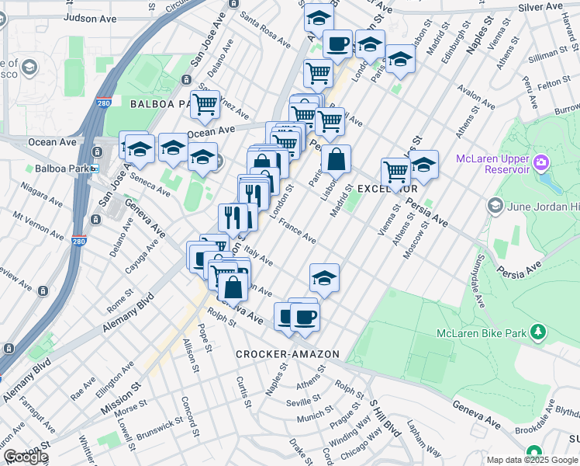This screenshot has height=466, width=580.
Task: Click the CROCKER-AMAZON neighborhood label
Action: click(x=288, y=354)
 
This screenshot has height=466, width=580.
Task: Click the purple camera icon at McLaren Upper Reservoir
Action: click(x=540, y=164)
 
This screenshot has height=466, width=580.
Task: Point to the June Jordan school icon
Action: click(x=495, y=207)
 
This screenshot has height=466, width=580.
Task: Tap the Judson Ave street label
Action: click(x=90, y=17)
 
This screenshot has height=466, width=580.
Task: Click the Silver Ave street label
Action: click(x=541, y=6)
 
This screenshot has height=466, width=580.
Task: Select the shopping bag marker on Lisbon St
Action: click(x=336, y=161)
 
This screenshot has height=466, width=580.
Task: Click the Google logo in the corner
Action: click(x=26, y=457)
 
